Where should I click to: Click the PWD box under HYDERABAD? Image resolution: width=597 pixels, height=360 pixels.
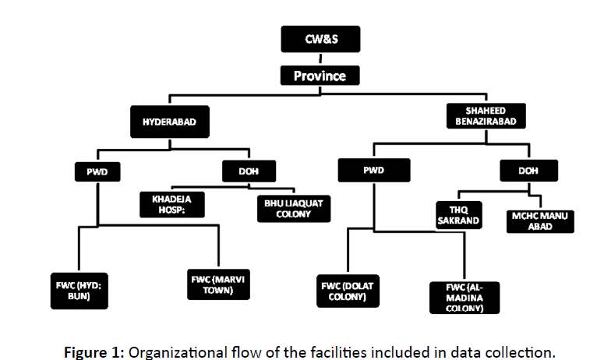click(x=96, y=170)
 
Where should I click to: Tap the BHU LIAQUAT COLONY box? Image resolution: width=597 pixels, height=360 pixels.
click(x=289, y=207)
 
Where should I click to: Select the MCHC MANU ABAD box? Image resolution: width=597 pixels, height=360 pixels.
click(x=541, y=219)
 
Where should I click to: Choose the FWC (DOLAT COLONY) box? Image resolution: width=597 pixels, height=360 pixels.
click(x=347, y=291)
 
